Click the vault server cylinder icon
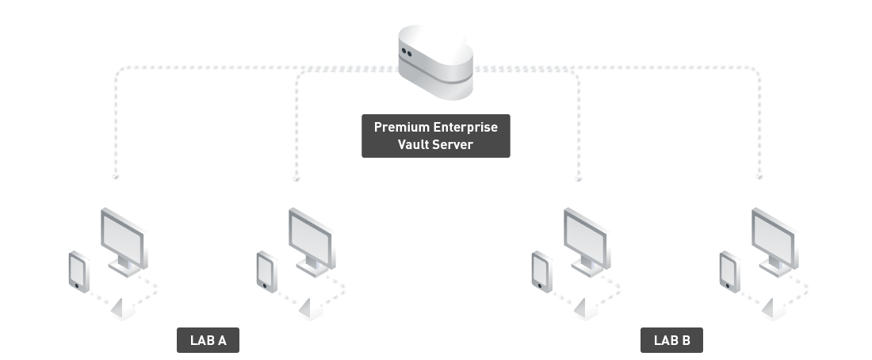435,63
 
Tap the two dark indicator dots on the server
407,53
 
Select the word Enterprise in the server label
465,128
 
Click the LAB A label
208,340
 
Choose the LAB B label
671,340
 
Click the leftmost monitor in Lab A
124,243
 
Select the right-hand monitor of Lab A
312,243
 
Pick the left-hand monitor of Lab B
587,243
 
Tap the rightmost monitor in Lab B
775,243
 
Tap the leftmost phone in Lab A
79,272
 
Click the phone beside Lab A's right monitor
267,272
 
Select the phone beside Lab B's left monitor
541,272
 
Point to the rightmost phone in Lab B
729,272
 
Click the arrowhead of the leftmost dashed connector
115,177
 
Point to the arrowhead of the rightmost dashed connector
759,177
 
